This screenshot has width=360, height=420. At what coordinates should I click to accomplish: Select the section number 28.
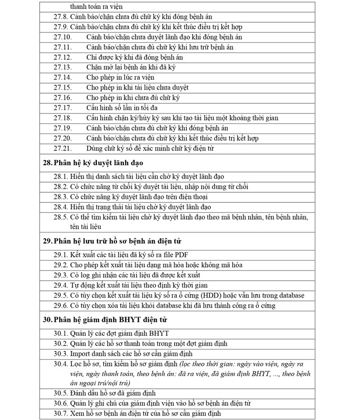click(x=47, y=163)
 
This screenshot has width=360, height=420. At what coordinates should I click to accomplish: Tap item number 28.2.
click(x=61, y=186)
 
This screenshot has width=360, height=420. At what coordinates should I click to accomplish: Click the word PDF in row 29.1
click(x=182, y=255)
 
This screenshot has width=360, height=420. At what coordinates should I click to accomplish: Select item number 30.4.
click(x=61, y=364)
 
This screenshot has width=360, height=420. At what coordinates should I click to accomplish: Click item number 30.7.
click(x=61, y=413)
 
